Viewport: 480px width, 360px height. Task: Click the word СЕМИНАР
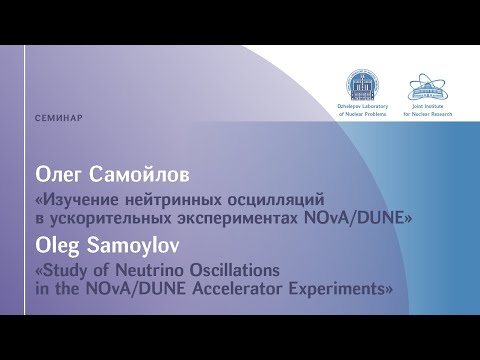(59, 118)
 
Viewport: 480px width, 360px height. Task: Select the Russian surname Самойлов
(139, 175)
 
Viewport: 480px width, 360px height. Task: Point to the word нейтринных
(174, 200)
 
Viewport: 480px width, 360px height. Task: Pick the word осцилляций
(276, 201)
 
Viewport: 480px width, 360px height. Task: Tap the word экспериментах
(238, 219)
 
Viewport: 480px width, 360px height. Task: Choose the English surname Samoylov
(133, 246)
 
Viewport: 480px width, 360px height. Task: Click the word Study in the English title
(62, 271)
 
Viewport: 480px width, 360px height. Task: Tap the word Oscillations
(235, 270)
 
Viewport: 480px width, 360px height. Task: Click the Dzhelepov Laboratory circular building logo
(362, 85)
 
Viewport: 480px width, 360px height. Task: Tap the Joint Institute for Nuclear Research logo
(428, 86)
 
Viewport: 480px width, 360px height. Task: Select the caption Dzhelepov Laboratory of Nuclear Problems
(363, 110)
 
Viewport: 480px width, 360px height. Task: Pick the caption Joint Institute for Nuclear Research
(428, 110)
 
